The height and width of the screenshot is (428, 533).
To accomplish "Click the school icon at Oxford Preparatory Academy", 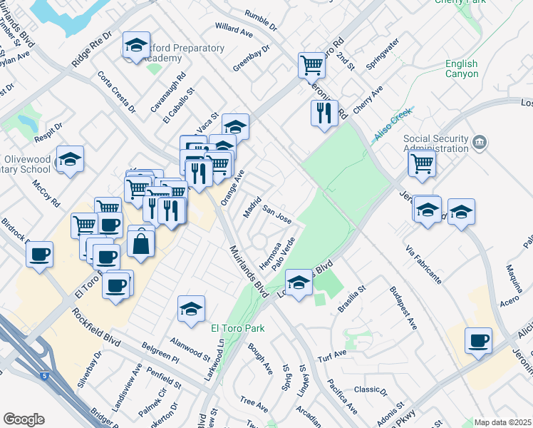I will point(135,46).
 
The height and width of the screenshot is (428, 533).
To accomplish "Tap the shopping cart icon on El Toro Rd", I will point(311,66).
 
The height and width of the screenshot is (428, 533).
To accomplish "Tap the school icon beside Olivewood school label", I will point(71,159).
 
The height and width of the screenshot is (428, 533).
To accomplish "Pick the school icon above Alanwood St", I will point(191,308).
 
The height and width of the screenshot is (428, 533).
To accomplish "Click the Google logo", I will point(24,419).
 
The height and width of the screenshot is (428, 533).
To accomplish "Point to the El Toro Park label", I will point(237,328).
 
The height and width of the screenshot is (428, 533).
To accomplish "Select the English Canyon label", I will point(462,68).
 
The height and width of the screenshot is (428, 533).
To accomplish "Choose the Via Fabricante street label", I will point(423,263).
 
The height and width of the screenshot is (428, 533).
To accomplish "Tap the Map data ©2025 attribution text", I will point(502,422).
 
